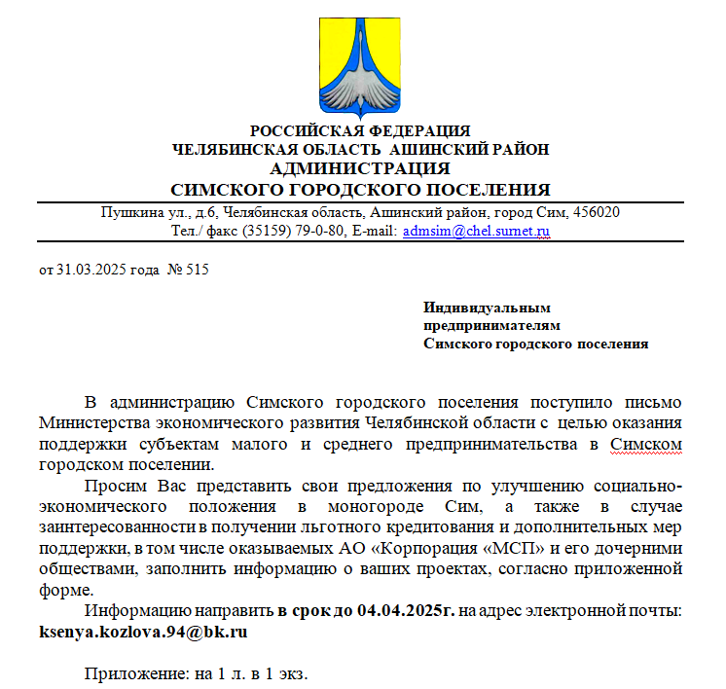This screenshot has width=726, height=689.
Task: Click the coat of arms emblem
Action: [360, 61]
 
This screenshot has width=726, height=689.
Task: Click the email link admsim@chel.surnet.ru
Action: [477, 232]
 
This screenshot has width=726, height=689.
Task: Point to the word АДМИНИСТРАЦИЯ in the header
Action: [360, 168]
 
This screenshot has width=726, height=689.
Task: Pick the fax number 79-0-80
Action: [312, 232]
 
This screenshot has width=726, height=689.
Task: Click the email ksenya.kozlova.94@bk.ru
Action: [142, 631]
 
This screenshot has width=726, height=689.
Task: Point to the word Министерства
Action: [94, 423]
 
